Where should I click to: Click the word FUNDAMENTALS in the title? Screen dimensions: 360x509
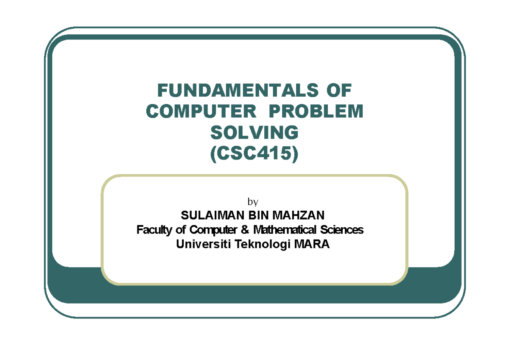click(235, 90)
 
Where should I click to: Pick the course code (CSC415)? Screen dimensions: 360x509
click(255, 154)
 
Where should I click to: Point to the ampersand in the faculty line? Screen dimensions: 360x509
click(245, 230)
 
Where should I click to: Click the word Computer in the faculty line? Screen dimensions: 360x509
click(213, 230)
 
